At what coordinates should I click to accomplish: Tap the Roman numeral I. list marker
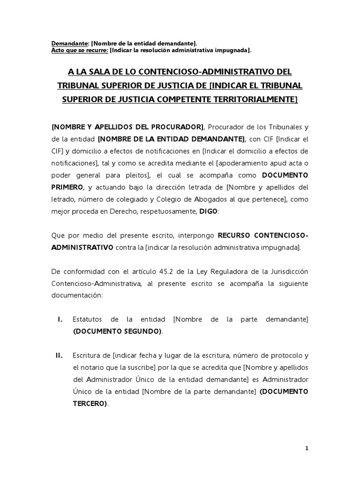click(60, 319)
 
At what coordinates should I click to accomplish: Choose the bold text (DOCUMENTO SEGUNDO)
click(117, 331)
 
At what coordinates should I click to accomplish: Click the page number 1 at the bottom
click(307, 449)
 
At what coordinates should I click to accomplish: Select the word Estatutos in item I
click(88, 319)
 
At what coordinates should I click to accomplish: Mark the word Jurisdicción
click(287, 272)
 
